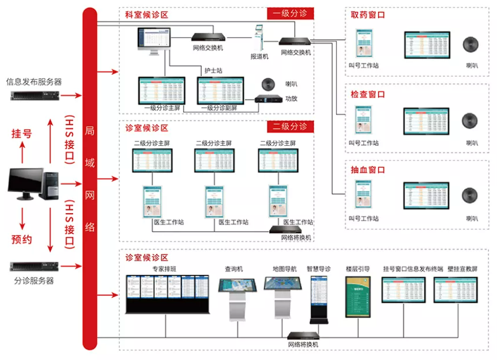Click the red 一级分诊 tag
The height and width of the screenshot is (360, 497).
pos(290,13)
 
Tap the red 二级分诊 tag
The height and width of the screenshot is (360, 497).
pos(290,126)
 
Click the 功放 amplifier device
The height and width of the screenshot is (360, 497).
pos(268,99)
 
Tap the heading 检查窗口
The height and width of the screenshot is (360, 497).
pos(368,94)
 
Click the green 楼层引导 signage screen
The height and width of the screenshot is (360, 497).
pos(358,297)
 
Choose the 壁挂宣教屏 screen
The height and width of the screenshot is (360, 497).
pos(456,289)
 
